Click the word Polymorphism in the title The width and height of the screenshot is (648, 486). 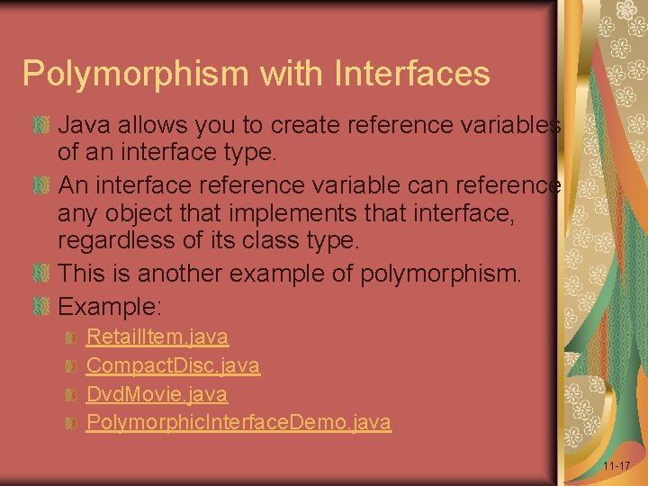tap(122, 74)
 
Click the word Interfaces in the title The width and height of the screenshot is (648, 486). tap(413, 73)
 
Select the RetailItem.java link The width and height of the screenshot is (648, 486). tap(157, 337)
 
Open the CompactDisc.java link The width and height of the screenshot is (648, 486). tap(173, 365)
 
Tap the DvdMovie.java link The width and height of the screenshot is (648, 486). tap(157, 394)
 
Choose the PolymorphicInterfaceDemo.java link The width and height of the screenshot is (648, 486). tap(238, 422)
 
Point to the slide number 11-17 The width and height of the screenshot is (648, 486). tap(616, 466)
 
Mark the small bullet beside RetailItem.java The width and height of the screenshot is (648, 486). tap(74, 338)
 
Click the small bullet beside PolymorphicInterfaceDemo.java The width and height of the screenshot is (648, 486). tap(74, 423)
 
